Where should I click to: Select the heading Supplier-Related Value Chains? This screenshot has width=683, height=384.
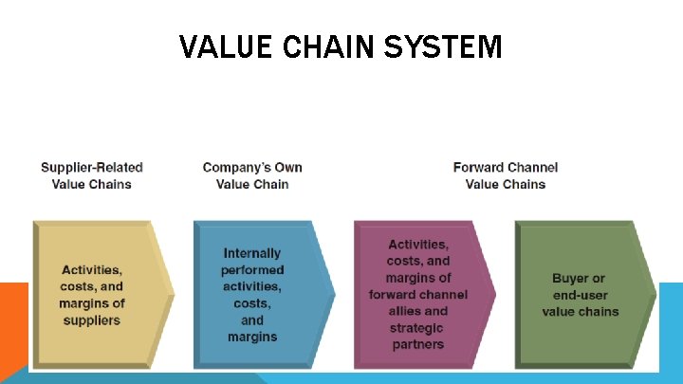click(x=92, y=175)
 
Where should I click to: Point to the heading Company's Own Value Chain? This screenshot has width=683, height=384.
click(x=252, y=175)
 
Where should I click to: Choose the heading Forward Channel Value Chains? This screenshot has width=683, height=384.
click(x=505, y=175)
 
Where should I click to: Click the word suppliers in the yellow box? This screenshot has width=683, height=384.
click(x=92, y=320)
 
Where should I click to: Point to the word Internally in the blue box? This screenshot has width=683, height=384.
click(x=252, y=253)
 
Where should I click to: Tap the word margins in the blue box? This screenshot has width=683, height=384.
click(x=252, y=337)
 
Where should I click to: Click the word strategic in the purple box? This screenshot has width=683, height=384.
click(x=418, y=327)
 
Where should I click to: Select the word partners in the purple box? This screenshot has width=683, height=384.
click(x=418, y=344)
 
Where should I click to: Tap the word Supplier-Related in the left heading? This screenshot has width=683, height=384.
click(x=92, y=168)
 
